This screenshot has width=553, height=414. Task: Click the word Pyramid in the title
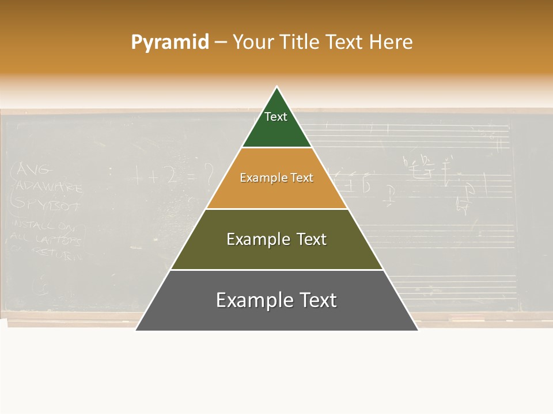click(169, 43)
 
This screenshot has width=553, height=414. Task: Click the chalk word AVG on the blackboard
click(35, 170)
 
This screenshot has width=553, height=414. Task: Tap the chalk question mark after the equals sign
click(208, 172)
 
